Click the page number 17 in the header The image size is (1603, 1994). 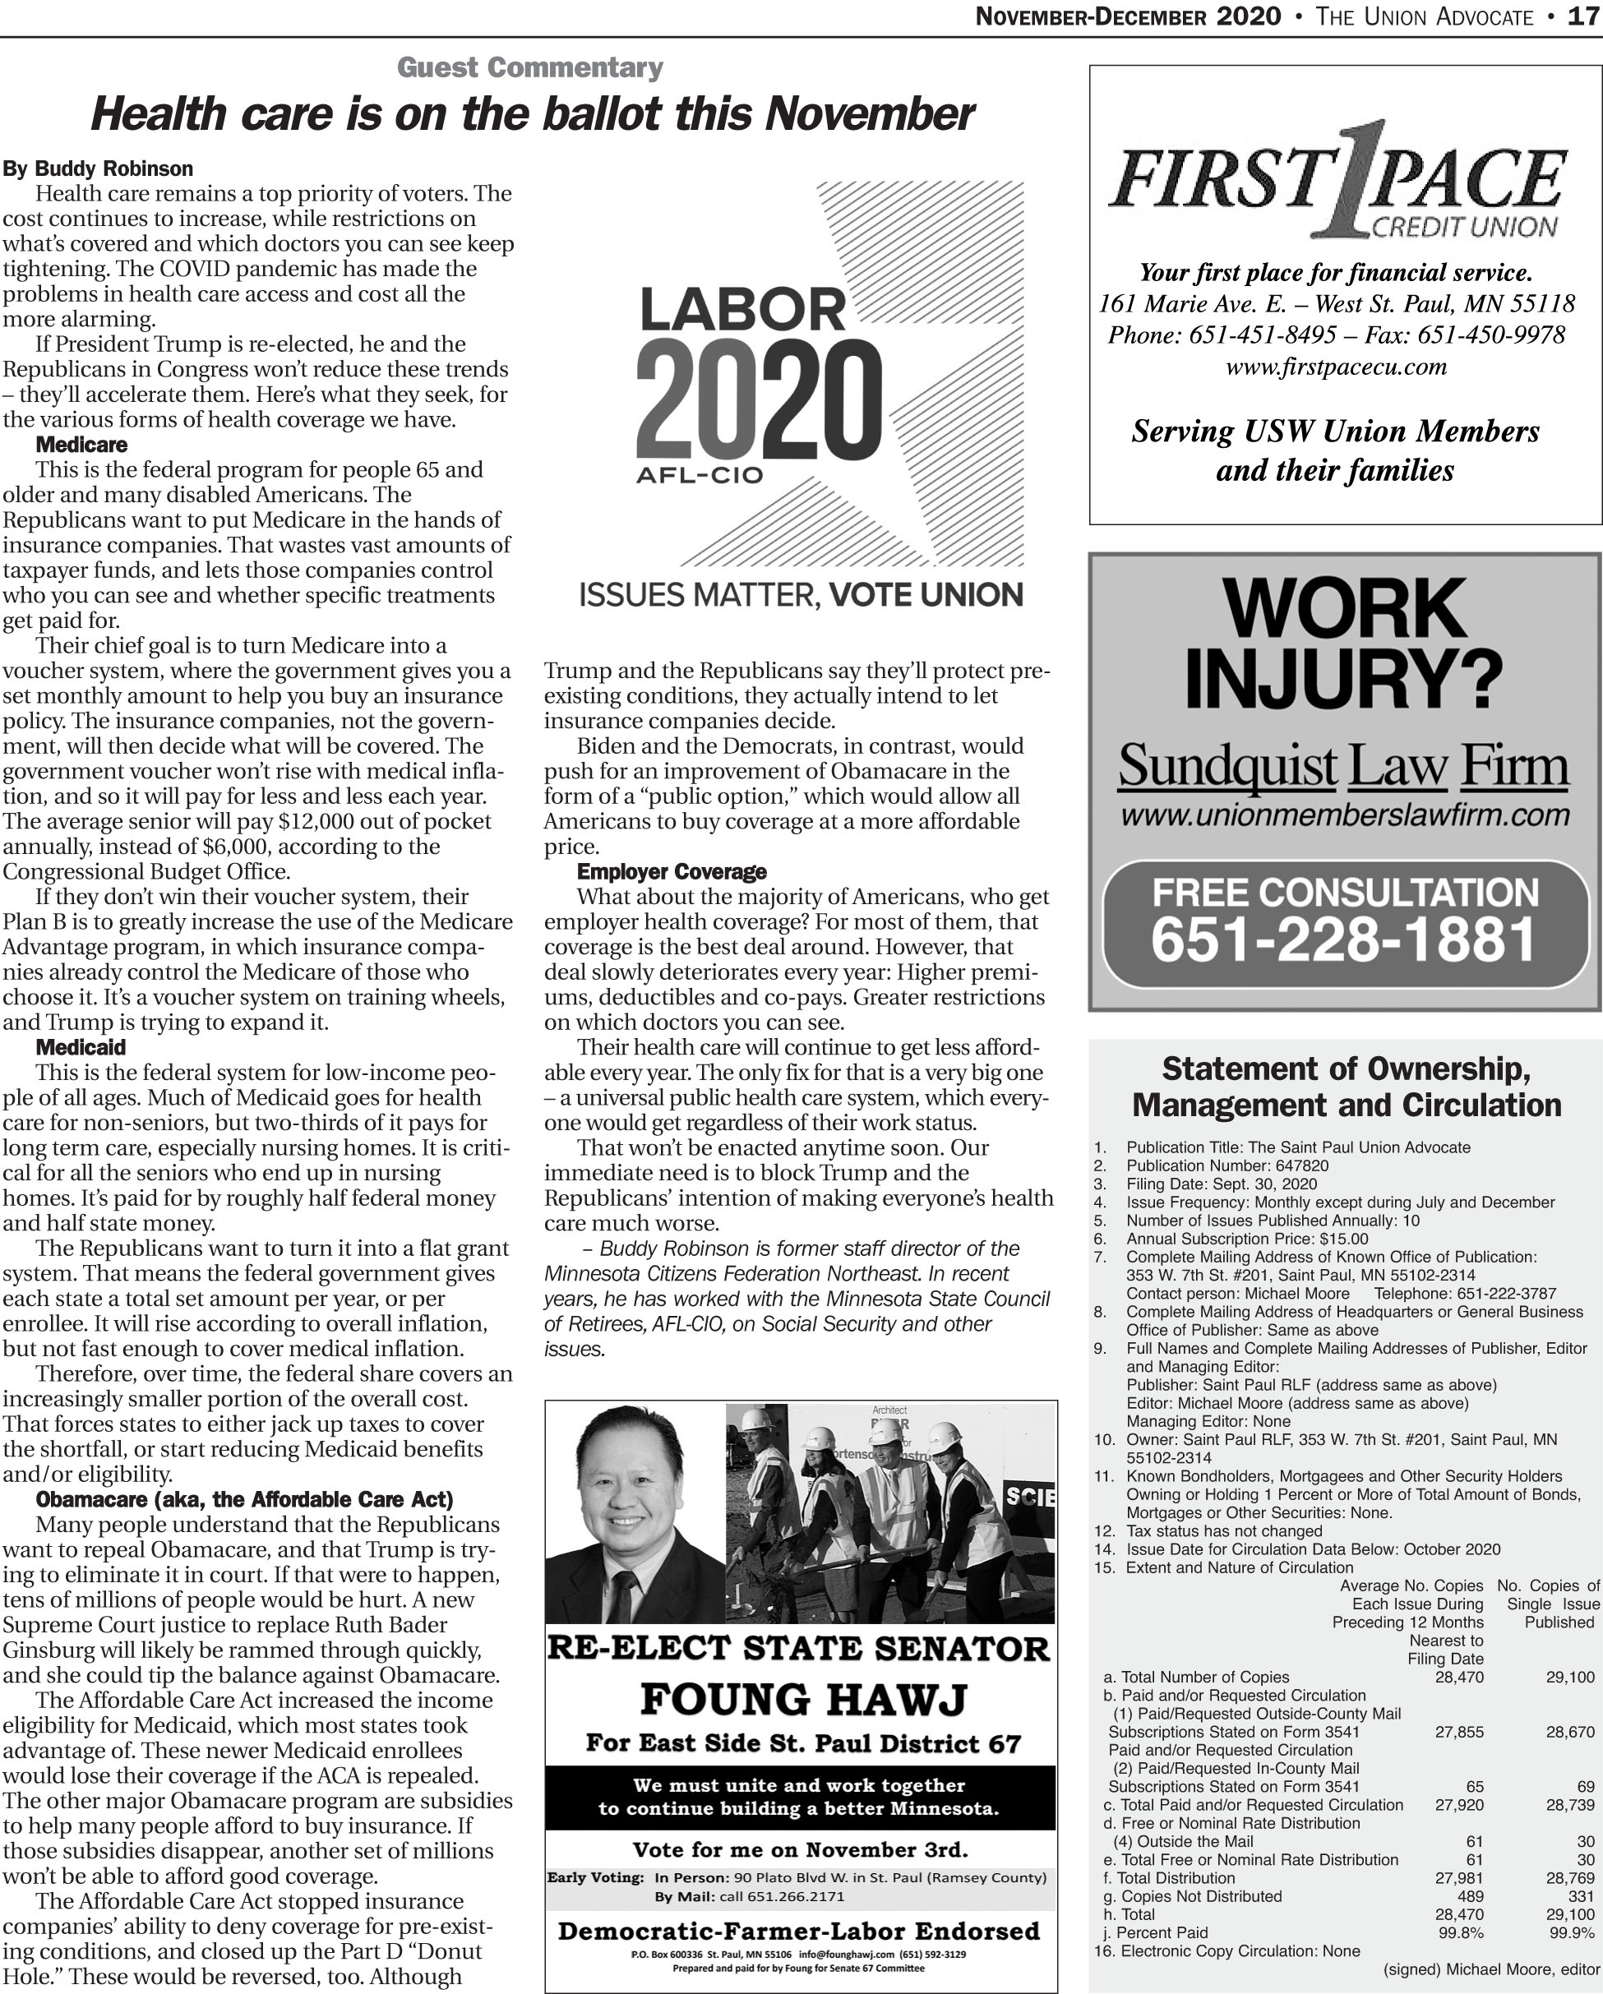(1583, 16)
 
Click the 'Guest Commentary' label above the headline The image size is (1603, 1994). (530, 67)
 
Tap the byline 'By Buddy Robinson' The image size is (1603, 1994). (98, 168)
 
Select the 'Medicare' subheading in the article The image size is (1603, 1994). (81, 444)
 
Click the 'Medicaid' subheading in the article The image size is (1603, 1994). (81, 1047)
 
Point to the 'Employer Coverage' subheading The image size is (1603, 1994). (672, 871)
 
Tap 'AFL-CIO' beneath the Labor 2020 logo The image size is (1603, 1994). (700, 475)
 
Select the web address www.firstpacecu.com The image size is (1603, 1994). (1336, 367)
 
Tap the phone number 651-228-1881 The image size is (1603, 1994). (1343, 939)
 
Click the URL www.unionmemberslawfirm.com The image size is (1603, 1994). (1345, 815)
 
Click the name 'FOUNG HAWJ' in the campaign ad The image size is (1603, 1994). (803, 1699)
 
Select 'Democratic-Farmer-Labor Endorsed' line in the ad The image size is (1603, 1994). (799, 1931)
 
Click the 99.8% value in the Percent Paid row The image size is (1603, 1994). (1461, 1932)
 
